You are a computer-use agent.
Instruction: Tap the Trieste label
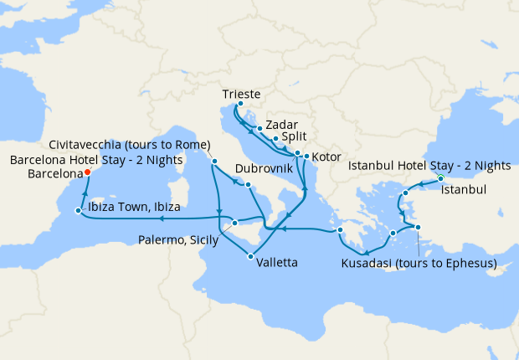pyautogui.click(x=243, y=94)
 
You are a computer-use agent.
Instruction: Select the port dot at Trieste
pyautogui.click(x=240, y=105)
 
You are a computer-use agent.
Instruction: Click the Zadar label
pyautogui.click(x=281, y=123)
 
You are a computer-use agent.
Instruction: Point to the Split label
pyautogui.click(x=294, y=135)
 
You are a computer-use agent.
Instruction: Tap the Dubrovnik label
pyautogui.click(x=265, y=168)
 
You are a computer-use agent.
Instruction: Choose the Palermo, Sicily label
pyautogui.click(x=178, y=240)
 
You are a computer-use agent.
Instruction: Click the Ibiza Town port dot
pyautogui.click(x=78, y=211)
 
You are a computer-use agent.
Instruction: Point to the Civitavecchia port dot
pyautogui.click(x=214, y=161)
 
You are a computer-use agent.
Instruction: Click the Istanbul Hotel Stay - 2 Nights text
pyautogui.click(x=429, y=167)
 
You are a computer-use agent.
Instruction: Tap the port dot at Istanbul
pyautogui.click(x=440, y=178)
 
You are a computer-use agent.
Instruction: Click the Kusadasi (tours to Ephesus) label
pyautogui.click(x=419, y=264)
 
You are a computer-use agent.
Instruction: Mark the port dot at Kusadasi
pyautogui.click(x=418, y=228)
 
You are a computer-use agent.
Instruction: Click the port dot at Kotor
pyautogui.click(x=307, y=157)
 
